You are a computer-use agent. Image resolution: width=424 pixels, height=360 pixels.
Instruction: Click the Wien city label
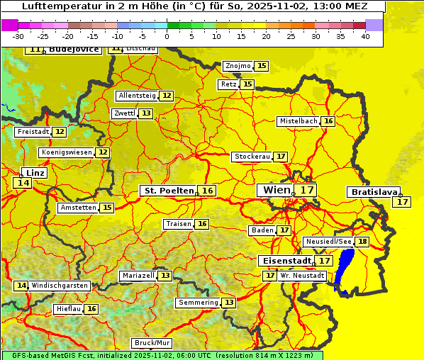click(x=276, y=190)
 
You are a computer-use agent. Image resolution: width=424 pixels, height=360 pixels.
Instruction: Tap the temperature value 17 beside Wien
click(x=306, y=190)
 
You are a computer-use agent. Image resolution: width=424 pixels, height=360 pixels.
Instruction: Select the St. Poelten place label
click(x=169, y=191)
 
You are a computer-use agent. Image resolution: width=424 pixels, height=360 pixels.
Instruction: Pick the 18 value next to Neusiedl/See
click(x=362, y=242)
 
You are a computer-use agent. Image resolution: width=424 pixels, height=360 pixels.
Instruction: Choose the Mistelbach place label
click(x=298, y=121)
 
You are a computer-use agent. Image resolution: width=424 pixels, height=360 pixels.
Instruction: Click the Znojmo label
click(x=238, y=66)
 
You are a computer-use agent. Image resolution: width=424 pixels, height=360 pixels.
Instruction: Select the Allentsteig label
click(x=137, y=96)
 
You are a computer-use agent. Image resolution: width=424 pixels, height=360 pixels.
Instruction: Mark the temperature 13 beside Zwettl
click(x=145, y=113)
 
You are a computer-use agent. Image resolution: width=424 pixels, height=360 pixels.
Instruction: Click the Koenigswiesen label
click(x=67, y=152)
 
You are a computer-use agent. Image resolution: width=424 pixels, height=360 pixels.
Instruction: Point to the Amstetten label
click(x=78, y=208)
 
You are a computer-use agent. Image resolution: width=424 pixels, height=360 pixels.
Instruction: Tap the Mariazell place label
click(x=138, y=276)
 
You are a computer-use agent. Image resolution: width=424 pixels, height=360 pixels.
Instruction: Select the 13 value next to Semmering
click(x=228, y=303)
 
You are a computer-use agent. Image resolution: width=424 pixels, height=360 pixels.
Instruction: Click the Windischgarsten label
click(x=60, y=286)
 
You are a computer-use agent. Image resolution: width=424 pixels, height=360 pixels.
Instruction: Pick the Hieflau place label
click(x=69, y=309)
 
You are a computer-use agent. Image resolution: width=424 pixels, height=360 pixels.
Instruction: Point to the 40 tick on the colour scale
click(x=365, y=36)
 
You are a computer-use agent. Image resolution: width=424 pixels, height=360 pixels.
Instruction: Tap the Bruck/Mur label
click(x=152, y=343)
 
